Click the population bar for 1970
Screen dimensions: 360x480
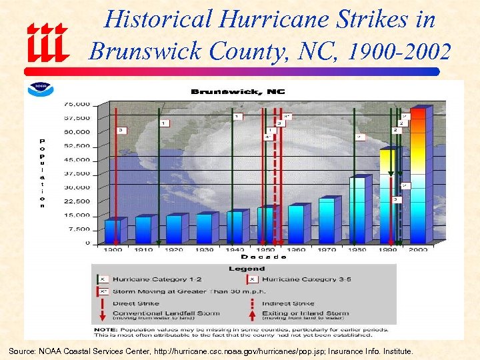[x=326, y=219]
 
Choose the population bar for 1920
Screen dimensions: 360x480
[x=173, y=228]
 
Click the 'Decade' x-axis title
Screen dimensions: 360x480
[x=263, y=257]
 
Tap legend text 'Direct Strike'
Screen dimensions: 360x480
[x=133, y=303]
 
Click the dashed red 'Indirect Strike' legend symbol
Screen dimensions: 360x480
[x=252, y=303]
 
